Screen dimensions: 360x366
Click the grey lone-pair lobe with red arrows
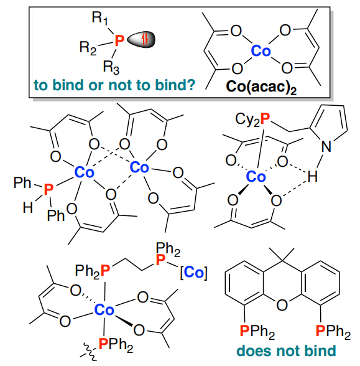coord(141,39)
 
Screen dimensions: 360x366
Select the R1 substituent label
coord(99,18)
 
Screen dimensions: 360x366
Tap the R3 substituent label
coord(111,67)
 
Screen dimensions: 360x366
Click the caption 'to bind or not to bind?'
coord(114,85)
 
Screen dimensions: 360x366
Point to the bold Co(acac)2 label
coord(261,87)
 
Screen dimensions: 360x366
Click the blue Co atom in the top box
coord(261,50)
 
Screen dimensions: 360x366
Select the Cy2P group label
coord(252,119)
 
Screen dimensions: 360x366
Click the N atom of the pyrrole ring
coord(326,147)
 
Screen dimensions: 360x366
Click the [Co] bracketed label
coord(193,272)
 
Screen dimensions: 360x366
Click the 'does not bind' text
coord(286,350)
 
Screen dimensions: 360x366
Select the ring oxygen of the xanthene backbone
coord(282,304)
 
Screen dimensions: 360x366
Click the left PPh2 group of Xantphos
coord(257,331)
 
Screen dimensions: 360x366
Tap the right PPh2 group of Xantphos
coord(333,331)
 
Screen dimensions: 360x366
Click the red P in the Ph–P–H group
coord(48,189)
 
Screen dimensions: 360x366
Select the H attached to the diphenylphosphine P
coord(27,207)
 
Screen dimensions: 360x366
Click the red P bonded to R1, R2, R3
coord(119,40)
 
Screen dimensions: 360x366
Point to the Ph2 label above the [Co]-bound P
coord(168,249)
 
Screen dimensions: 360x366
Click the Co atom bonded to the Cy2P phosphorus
coord(256,177)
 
